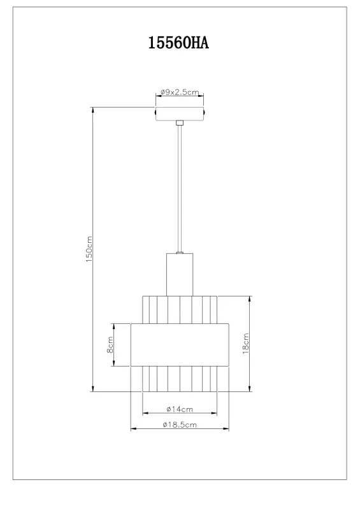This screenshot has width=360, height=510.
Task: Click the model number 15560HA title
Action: pos(178,43)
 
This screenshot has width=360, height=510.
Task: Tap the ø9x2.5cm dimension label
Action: pos(180,92)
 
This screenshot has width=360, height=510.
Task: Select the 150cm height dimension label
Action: pos(89,249)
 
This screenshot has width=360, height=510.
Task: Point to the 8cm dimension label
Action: pos(110,345)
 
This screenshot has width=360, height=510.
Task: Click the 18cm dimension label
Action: pos(246,344)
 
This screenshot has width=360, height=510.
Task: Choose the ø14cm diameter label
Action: pos(180,409)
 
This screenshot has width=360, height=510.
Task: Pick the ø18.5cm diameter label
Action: pos(180,425)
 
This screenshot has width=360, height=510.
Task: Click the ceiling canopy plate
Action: pos(180,114)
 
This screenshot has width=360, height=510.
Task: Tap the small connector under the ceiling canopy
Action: pos(180,123)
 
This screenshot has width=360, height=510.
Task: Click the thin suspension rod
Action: pos(180,189)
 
